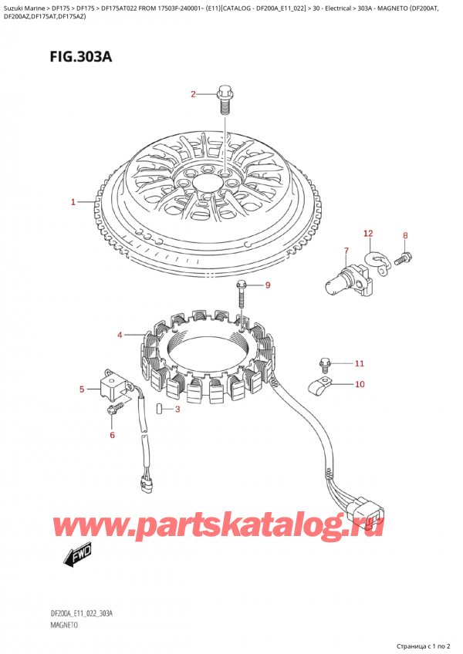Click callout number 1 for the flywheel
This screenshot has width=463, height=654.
coord(73,202)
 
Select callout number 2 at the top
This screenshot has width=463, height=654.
coord(194,95)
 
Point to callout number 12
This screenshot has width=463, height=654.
coord(368,233)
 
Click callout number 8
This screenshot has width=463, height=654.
coord(405,235)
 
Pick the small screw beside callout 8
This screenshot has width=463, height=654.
coord(402,261)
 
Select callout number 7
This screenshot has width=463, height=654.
coord(346,251)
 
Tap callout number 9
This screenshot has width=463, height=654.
coord(268,286)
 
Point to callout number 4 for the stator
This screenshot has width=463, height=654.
coord(120,335)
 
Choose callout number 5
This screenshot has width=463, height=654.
coord(82,389)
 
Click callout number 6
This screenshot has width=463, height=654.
coord(111,436)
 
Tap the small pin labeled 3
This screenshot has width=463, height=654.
coord(158,409)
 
